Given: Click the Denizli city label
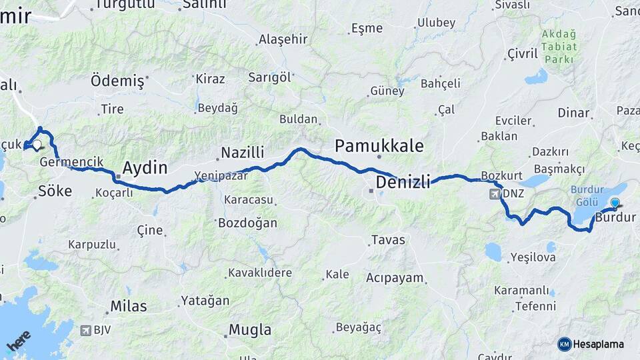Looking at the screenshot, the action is click(x=403, y=181).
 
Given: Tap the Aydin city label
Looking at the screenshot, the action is click(x=145, y=167).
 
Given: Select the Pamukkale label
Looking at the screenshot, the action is click(x=379, y=145).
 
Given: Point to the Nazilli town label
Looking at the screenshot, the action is click(x=243, y=152).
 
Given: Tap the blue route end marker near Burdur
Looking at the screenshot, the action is click(x=615, y=203).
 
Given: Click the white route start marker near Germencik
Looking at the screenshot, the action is click(x=37, y=144).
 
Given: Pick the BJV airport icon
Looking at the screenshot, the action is click(x=85, y=329).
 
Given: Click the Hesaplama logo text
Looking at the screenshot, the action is click(x=597, y=344).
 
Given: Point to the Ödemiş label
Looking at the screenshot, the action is click(x=117, y=81).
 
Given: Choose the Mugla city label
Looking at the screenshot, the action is click(x=250, y=329).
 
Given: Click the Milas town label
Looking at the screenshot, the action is click(x=129, y=306).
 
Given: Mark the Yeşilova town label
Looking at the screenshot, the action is click(x=533, y=257).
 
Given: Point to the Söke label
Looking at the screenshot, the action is click(x=55, y=191).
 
